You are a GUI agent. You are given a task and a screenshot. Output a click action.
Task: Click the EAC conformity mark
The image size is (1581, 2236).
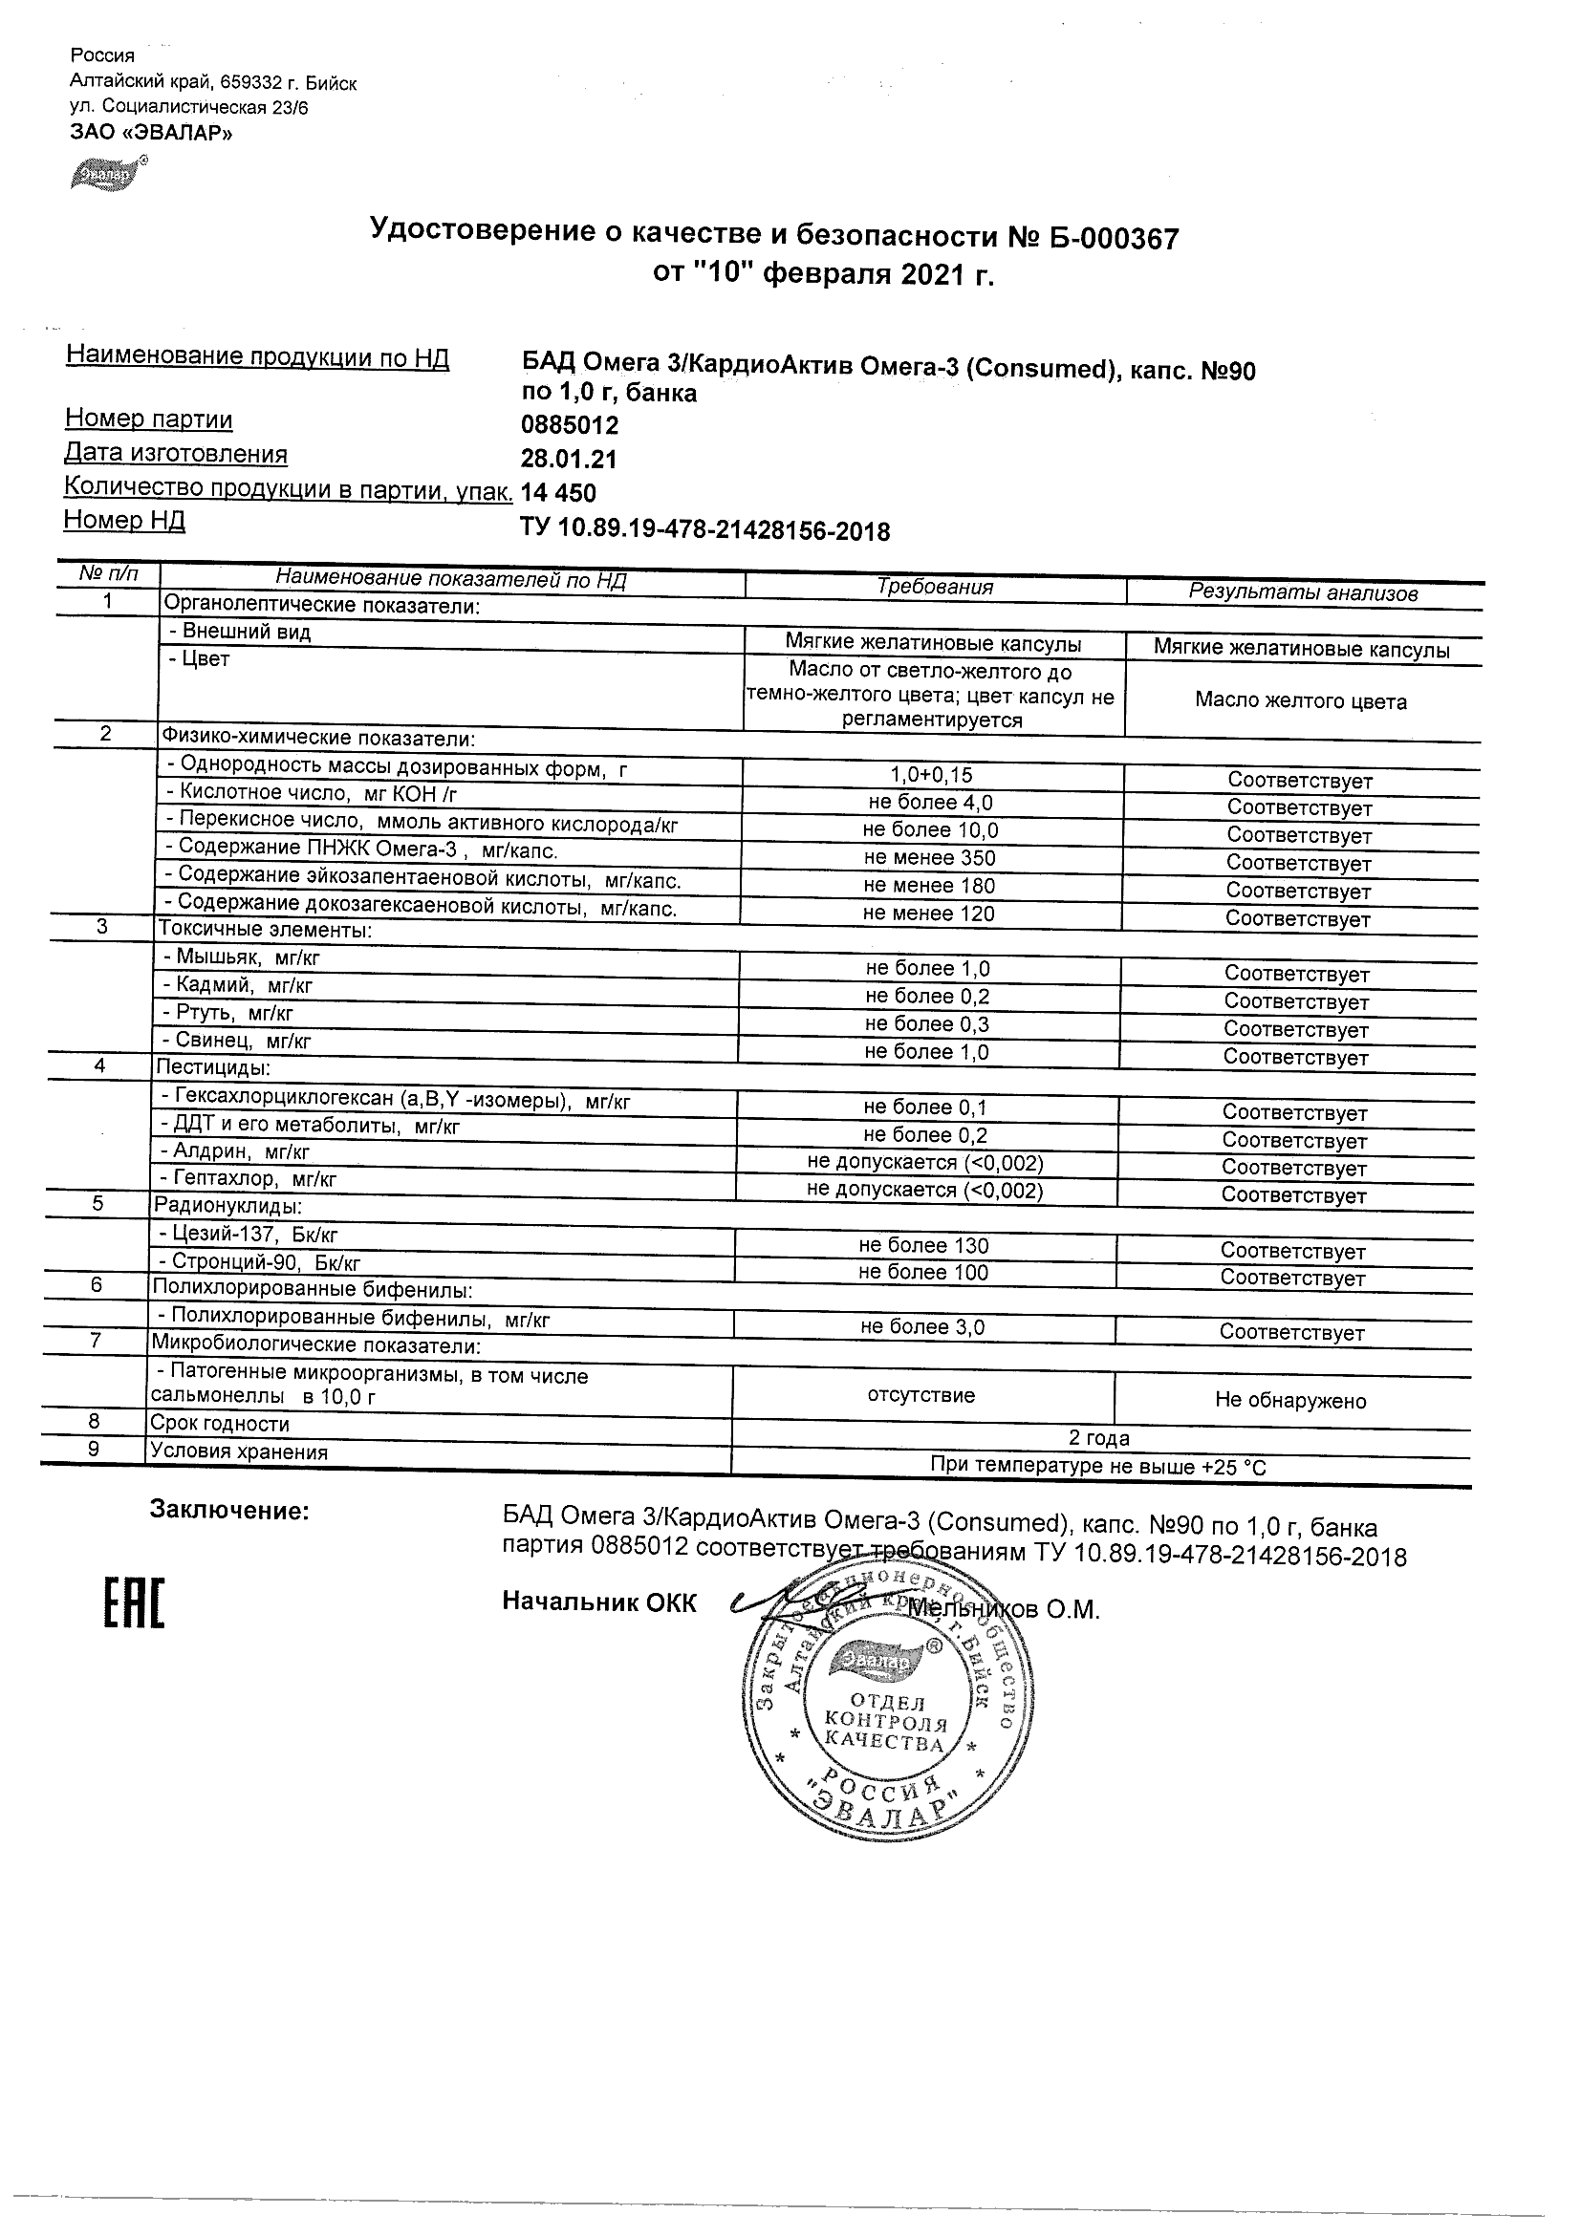[135, 1602]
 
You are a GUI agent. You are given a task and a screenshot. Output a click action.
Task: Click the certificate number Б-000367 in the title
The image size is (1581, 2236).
[1115, 239]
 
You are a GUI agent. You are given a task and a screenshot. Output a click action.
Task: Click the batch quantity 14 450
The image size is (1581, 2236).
[558, 493]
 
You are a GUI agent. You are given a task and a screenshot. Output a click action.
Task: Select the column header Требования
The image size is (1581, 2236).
[934, 588]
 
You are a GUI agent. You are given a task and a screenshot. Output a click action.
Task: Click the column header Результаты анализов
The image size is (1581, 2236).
[1303, 593]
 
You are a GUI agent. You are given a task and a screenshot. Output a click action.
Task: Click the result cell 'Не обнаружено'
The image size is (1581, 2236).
[1289, 1402]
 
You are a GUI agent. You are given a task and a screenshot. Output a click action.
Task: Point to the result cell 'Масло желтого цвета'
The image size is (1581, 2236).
[1300, 701]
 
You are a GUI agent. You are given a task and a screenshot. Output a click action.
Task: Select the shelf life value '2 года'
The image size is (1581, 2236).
[1099, 1438]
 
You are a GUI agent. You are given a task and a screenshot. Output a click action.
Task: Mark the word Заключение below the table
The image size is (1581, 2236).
[228, 1511]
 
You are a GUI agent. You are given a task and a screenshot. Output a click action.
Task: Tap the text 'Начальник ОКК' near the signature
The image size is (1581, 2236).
[599, 1602]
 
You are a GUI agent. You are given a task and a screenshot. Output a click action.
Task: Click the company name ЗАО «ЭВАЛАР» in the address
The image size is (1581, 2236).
[151, 134]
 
